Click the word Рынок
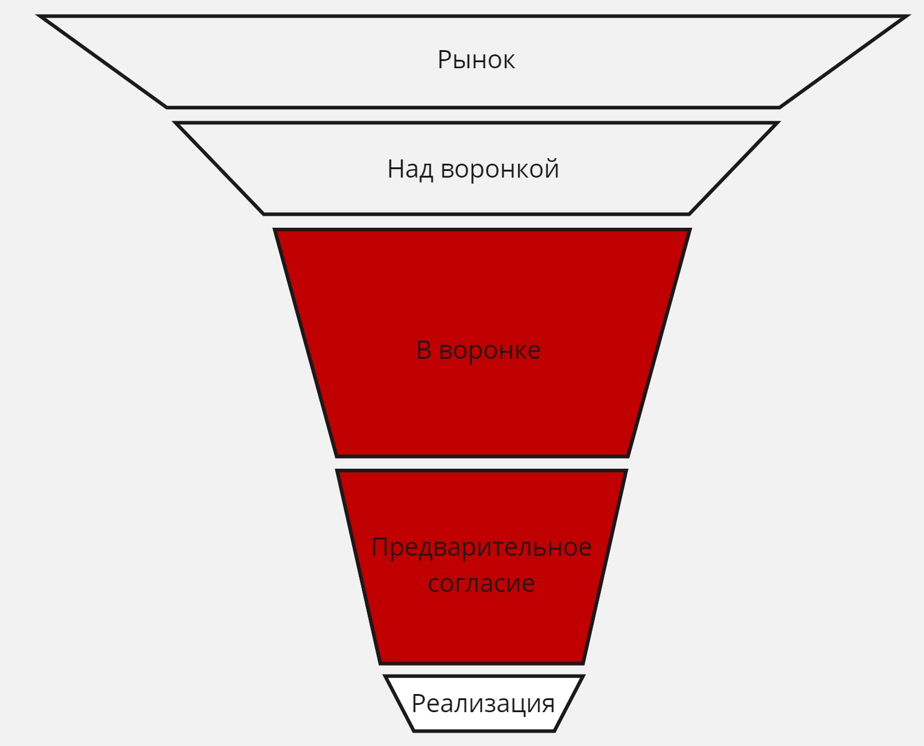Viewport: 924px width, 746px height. (x=476, y=60)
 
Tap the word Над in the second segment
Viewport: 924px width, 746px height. (x=410, y=169)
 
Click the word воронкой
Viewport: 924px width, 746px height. (x=499, y=169)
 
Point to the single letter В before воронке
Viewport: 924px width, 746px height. (x=424, y=350)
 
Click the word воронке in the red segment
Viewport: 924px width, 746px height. (x=490, y=351)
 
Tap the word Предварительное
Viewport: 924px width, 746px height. (x=481, y=547)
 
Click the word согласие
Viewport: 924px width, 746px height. (x=481, y=584)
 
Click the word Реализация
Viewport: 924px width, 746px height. (x=483, y=704)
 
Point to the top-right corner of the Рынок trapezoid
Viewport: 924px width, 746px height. (x=906, y=17)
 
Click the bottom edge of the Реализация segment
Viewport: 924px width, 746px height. (x=483, y=731)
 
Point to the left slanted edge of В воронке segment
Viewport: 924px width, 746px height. (x=306, y=343)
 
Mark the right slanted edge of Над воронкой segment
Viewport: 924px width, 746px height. (x=733, y=169)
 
